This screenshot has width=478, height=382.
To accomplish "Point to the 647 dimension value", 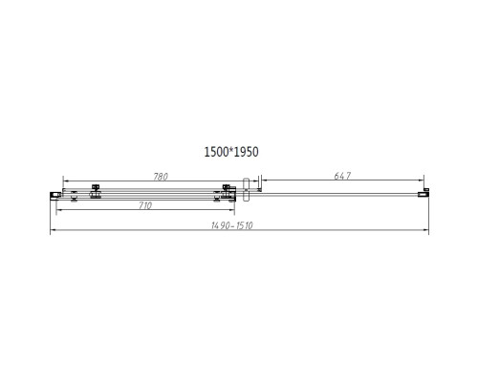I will click(342, 175).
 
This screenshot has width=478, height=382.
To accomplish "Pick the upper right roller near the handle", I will click(228, 187).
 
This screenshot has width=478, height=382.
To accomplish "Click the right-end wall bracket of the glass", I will click(426, 194).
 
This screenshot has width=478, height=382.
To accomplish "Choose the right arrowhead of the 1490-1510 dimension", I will click(427, 230).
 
